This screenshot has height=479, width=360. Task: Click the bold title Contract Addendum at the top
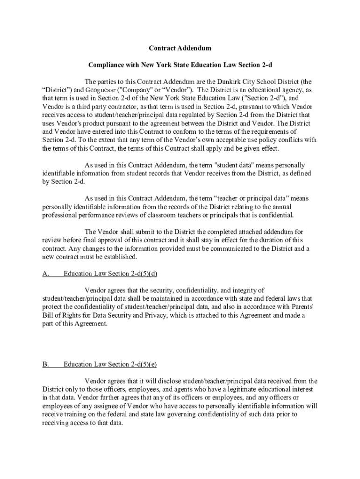click(x=180, y=48)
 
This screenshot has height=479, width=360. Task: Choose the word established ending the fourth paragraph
click(x=119, y=257)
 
